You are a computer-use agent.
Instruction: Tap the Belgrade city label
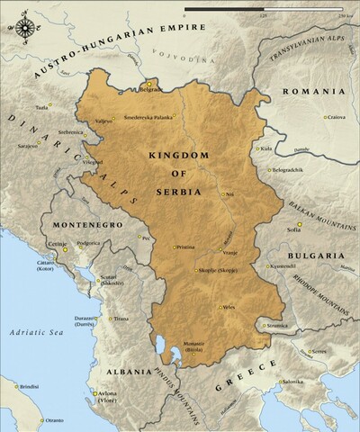pyautogui.click(x=148, y=90)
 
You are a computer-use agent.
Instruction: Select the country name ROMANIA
pyautogui.click(x=315, y=93)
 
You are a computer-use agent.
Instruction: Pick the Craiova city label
pyautogui.click(x=337, y=116)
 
